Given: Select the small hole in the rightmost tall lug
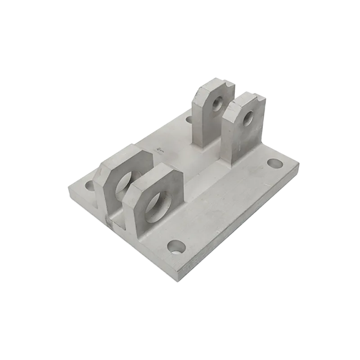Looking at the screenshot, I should pos(248,119).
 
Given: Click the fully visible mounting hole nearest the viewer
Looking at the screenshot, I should pos(176,246).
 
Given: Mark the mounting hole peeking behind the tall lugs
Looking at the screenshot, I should pos(189,120).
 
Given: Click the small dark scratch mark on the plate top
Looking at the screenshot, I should pos(158,148).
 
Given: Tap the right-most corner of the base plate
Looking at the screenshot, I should pos(299,165).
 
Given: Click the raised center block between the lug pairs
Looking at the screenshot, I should pos(189,162).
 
